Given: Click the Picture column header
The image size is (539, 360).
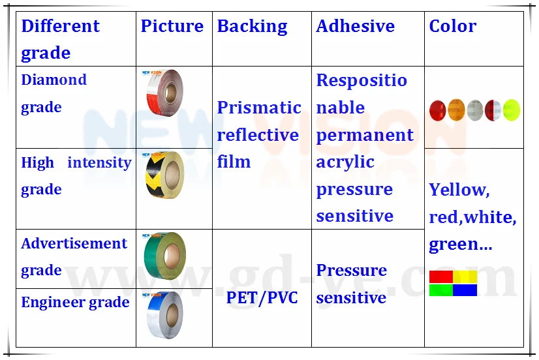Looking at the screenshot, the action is (x=172, y=27).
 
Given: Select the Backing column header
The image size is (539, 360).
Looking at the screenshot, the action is (x=253, y=27).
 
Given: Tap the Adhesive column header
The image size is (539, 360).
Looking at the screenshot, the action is (x=356, y=27).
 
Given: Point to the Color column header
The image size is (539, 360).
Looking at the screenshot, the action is (x=453, y=27).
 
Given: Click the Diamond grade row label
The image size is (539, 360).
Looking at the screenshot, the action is (x=54, y=94).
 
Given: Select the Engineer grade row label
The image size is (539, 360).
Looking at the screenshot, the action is (x=75, y=303).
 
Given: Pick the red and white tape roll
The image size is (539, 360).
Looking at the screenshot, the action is (x=164, y=93).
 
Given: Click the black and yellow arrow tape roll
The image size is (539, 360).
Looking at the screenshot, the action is (x=164, y=175).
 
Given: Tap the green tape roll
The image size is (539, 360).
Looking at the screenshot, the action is (x=165, y=256).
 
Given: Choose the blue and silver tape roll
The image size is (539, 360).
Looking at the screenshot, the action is (x=164, y=315).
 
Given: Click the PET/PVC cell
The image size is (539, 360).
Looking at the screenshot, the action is (x=262, y=298).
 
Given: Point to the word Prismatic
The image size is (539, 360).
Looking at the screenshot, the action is (x=259, y=108).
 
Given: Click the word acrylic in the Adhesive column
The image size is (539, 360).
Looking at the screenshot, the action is (x=345, y=162).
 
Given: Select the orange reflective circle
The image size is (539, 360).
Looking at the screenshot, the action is (x=457, y=110).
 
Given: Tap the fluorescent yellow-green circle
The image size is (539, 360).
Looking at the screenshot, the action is (x=512, y=110).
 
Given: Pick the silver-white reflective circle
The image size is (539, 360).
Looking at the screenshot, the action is (x=475, y=110).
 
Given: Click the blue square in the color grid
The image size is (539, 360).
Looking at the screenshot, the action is (x=465, y=290).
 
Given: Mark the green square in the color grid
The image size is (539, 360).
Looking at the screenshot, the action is (x=441, y=290).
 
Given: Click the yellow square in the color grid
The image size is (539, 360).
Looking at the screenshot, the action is (x=465, y=277).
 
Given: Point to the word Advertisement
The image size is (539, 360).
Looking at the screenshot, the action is (x=74, y=243).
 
